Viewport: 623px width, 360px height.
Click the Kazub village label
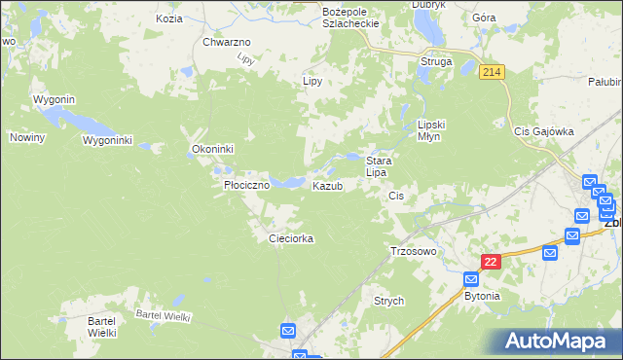327,186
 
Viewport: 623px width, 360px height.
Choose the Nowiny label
28,137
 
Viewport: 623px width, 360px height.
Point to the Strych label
388,302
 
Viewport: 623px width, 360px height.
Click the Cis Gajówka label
545,130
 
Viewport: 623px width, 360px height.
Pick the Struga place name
435,61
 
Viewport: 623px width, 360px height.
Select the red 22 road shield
491,262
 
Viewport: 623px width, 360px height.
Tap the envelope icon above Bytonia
471,279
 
